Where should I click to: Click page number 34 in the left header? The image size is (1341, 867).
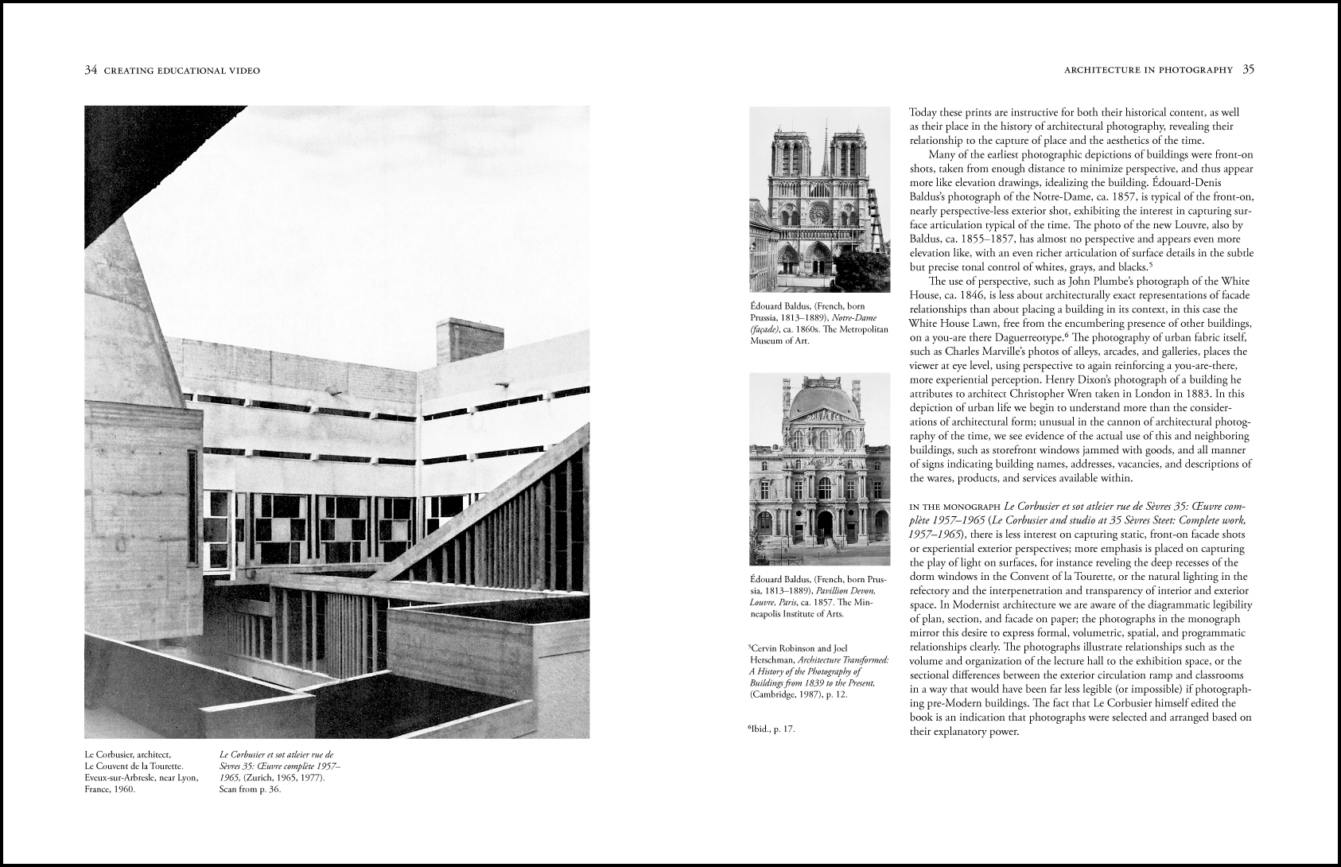(x=91, y=71)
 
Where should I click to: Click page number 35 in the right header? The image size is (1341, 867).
(x=1248, y=70)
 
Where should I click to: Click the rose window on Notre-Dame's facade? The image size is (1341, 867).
(x=819, y=212)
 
